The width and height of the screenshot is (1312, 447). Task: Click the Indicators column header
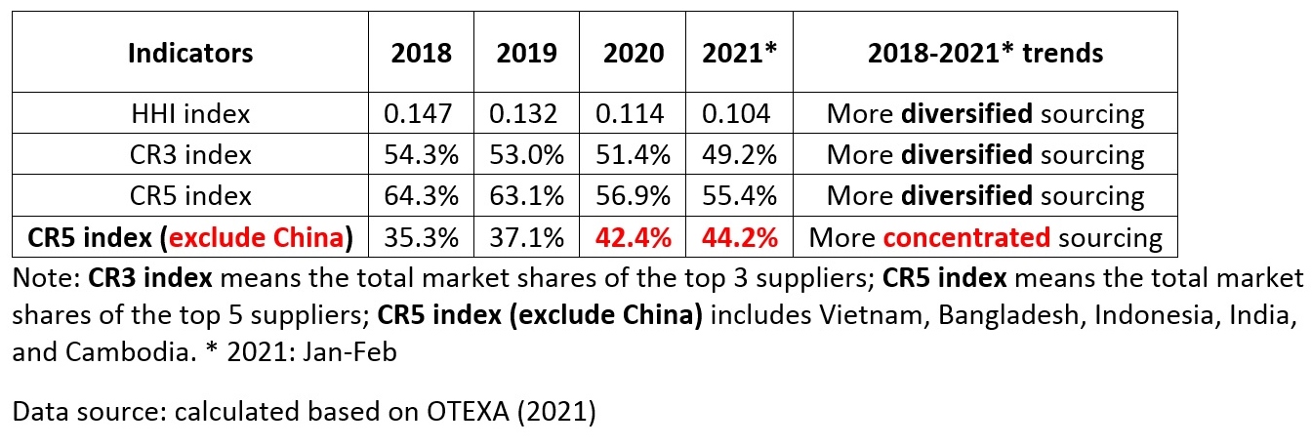click(x=190, y=53)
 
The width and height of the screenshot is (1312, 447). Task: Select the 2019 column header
click(x=527, y=53)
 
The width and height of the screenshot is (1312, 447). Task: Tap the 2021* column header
click(x=740, y=53)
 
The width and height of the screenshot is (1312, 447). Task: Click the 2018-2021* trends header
click(x=985, y=53)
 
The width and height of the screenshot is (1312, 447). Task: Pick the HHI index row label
click(x=190, y=114)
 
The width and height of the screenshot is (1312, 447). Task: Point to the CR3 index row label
click(x=190, y=155)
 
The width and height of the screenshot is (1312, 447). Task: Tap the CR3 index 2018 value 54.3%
click(x=422, y=155)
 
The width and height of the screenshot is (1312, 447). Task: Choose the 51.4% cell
click(x=634, y=155)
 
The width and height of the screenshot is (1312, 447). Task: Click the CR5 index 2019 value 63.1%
click(x=527, y=196)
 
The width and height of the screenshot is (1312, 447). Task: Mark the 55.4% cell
click(x=740, y=196)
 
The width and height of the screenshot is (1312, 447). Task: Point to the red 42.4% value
click(x=634, y=237)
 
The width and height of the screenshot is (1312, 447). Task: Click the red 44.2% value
click(x=740, y=237)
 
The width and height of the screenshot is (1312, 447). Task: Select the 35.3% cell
click(x=422, y=237)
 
